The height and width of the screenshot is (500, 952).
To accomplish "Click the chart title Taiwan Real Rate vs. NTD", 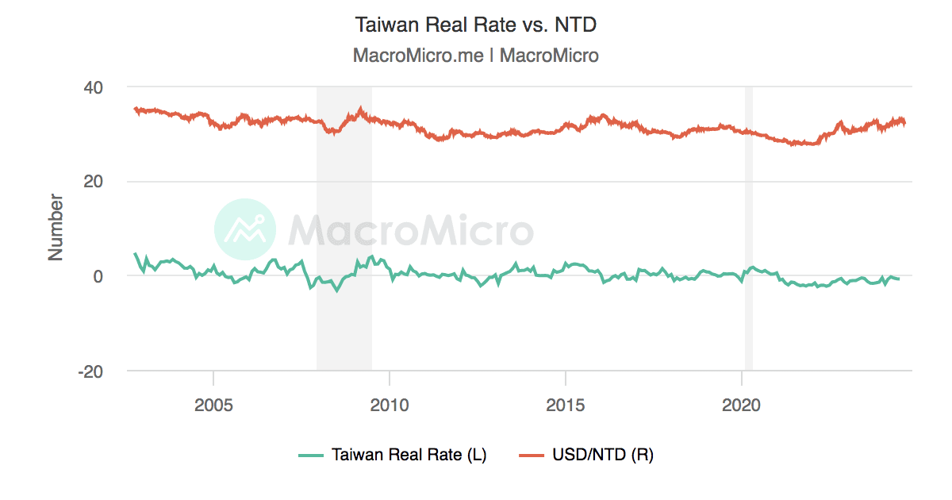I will point(475,25).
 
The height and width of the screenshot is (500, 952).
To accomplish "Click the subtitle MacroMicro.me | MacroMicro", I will point(475,56).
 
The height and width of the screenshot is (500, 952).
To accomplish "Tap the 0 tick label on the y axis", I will point(101,276).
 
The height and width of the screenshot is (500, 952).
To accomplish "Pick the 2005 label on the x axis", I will point(213,405).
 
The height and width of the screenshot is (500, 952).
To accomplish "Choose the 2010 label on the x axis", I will point(390,405).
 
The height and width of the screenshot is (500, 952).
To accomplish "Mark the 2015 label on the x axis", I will point(565,405).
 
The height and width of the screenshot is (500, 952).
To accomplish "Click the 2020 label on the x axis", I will point(741,405).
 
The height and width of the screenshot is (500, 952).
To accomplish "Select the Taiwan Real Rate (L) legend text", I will point(409,455).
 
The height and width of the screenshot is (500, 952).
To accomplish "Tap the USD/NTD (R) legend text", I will point(603,455).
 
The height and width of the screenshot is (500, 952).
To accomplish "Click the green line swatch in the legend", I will point(311,455).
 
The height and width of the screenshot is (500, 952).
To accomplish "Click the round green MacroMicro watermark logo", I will point(245,230).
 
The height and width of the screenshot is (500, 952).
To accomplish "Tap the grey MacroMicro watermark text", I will point(410,230).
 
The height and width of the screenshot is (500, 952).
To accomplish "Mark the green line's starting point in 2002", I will point(135,254).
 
